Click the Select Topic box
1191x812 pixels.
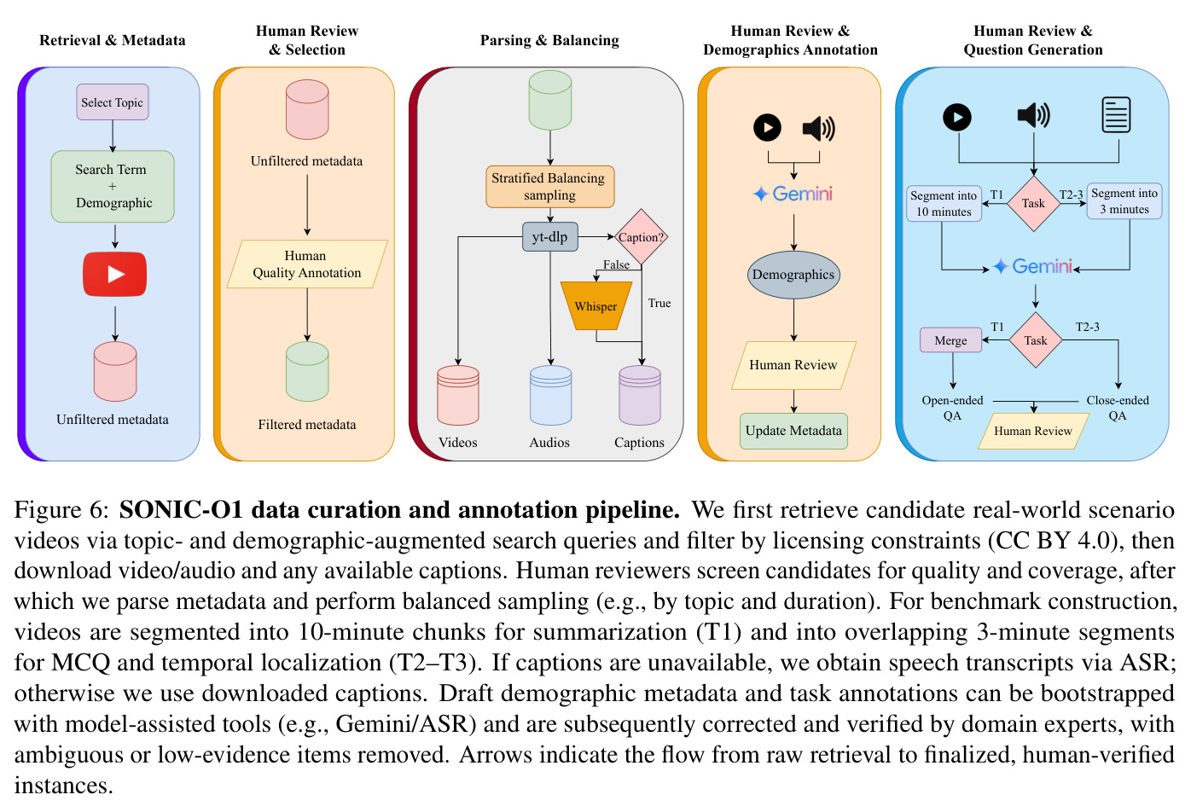(x=112, y=102)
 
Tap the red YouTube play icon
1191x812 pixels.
(x=115, y=274)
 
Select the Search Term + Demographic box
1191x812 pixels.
(x=113, y=186)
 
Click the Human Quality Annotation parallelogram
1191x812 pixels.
(x=307, y=264)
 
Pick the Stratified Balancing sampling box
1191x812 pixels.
(x=549, y=187)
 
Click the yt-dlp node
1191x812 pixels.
(x=550, y=236)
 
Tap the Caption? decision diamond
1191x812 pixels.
(x=642, y=236)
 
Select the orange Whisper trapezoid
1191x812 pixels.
(x=596, y=305)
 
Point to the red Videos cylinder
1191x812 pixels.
(x=458, y=396)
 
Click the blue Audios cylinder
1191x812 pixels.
(x=551, y=396)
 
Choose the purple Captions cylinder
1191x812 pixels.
(x=640, y=396)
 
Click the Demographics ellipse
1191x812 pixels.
(x=793, y=275)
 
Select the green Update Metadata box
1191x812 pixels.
(x=793, y=431)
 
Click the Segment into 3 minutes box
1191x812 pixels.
(x=1124, y=201)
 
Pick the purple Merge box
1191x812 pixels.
(x=950, y=340)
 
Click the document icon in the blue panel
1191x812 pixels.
(x=1116, y=115)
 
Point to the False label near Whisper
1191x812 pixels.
(x=616, y=264)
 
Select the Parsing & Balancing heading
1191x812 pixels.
(x=549, y=40)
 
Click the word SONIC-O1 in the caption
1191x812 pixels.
(x=181, y=509)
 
